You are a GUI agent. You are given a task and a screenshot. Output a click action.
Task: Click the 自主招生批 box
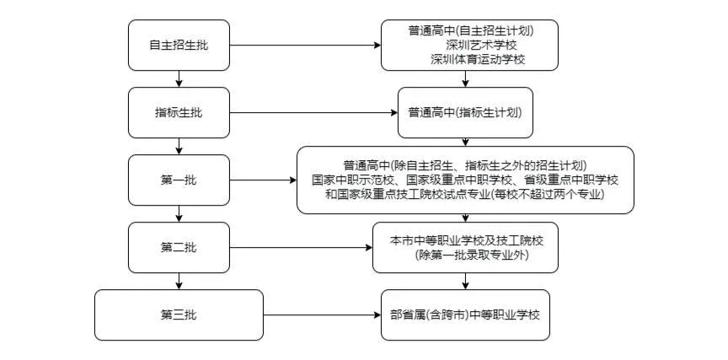tap(178, 45)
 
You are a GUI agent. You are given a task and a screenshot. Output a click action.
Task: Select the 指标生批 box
tap(178, 112)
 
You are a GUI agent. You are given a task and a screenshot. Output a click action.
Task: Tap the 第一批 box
tap(178, 180)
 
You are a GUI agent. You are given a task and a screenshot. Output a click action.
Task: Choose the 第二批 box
tap(178, 247)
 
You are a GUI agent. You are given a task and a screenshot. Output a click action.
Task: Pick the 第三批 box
tap(178, 314)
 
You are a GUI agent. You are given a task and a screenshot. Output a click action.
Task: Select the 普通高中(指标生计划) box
tap(465, 112)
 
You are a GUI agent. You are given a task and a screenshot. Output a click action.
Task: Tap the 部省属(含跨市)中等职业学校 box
tap(465, 314)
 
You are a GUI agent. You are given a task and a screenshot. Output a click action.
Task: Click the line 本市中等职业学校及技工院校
tap(465, 240)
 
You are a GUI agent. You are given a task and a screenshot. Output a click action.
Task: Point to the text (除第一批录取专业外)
tap(466, 255)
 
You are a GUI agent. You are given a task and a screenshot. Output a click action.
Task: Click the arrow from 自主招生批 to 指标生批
tap(179, 78)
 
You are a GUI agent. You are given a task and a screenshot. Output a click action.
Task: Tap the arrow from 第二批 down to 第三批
tap(179, 281)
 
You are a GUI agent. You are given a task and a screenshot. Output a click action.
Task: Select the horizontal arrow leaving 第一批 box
tap(262, 180)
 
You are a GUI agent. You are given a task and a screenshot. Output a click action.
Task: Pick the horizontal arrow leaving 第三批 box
tap(321, 314)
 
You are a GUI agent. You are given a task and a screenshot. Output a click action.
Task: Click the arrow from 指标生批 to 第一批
tap(179, 146)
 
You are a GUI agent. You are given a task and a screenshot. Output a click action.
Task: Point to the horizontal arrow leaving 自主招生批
tap(304, 45)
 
